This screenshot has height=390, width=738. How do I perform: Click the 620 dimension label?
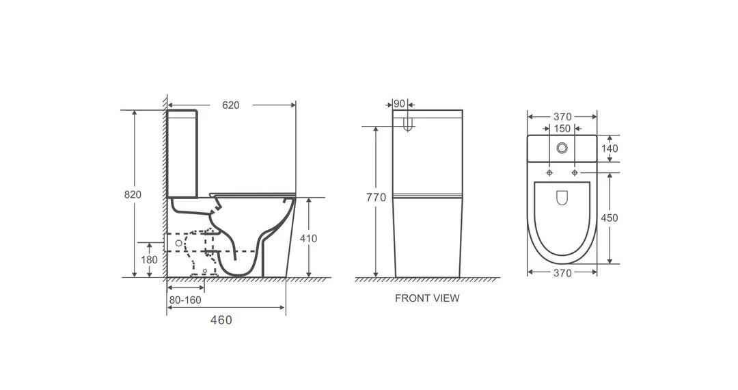click(231, 105)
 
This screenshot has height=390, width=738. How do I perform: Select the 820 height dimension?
click(133, 194)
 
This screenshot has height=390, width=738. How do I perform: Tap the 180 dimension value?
click(150, 259)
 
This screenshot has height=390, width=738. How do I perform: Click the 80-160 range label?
click(185, 300)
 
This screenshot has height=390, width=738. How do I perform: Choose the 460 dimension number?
click(221, 320)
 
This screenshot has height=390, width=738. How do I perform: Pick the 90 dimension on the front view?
click(399, 104)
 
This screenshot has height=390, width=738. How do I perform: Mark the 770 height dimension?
click(376, 198)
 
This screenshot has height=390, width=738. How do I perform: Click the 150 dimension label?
click(562, 129)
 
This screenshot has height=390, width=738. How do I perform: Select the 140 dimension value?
click(610, 148)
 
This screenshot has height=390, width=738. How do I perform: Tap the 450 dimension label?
click(610, 218)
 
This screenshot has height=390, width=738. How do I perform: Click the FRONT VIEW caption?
click(427, 298)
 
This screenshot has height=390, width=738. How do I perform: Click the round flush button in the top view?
click(562, 147)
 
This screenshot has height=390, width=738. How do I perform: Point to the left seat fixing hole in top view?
click(549, 172)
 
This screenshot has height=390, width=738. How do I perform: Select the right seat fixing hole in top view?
click(575, 172)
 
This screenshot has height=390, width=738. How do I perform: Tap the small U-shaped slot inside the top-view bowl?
click(562, 198)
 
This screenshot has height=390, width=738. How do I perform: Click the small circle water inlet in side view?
click(179, 242)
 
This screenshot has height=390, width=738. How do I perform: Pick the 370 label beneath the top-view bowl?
click(562, 272)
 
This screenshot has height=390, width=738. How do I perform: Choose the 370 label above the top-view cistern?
click(562, 117)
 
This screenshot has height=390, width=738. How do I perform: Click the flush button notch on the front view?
click(408, 125)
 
